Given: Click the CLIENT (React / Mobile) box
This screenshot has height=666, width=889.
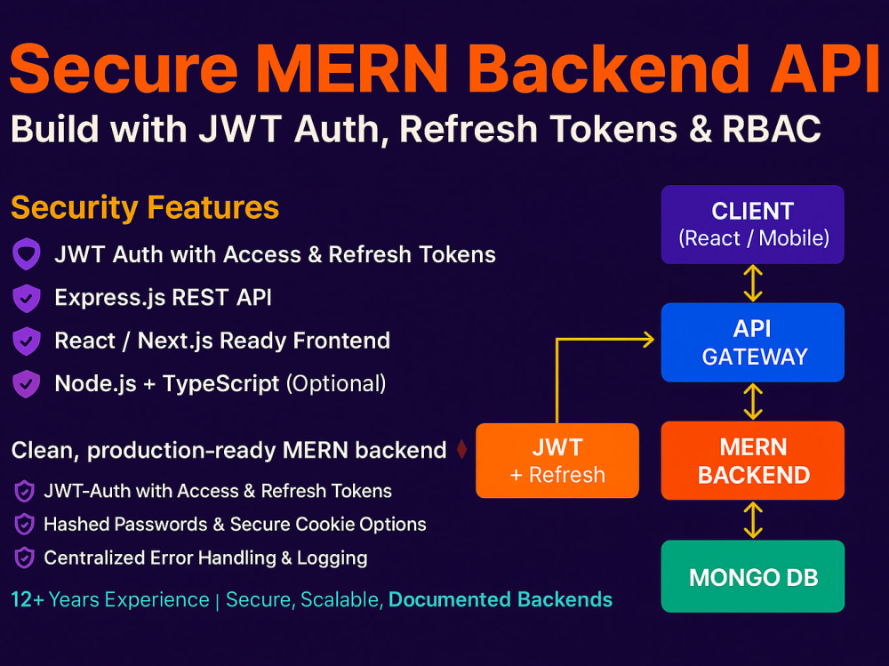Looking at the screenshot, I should click(752, 224).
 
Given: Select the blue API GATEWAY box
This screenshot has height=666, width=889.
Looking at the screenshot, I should click(752, 342).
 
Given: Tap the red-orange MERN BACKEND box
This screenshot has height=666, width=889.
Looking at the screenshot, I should click(752, 460).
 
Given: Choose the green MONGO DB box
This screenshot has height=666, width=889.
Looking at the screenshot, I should click(752, 576).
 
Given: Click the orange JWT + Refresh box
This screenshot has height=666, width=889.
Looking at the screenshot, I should click(557, 460).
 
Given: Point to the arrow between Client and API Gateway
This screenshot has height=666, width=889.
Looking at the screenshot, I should click(753, 284).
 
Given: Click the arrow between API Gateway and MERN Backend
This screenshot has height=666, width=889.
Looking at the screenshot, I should click(753, 401).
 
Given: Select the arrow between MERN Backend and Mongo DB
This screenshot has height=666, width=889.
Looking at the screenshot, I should click(753, 518).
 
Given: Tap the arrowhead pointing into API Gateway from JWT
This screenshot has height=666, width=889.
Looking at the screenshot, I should click(647, 339).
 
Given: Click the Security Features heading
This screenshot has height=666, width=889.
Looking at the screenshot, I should click(145, 208).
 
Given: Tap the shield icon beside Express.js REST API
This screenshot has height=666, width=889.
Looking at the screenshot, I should click(26, 298).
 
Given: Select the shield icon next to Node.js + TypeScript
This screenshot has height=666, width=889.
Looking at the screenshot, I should click(26, 384).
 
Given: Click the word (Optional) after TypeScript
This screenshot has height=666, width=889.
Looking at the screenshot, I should click(335, 384).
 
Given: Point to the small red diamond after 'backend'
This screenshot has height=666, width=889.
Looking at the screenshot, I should click(461, 450).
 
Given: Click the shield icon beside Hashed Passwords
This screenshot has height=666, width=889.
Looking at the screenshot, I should click(25, 525).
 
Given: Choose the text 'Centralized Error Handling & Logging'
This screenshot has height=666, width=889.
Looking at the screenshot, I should click(205, 558).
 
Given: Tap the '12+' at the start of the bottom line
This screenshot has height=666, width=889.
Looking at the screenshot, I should click(28, 599).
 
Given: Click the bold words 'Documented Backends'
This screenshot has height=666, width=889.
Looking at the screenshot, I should click(501, 599).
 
